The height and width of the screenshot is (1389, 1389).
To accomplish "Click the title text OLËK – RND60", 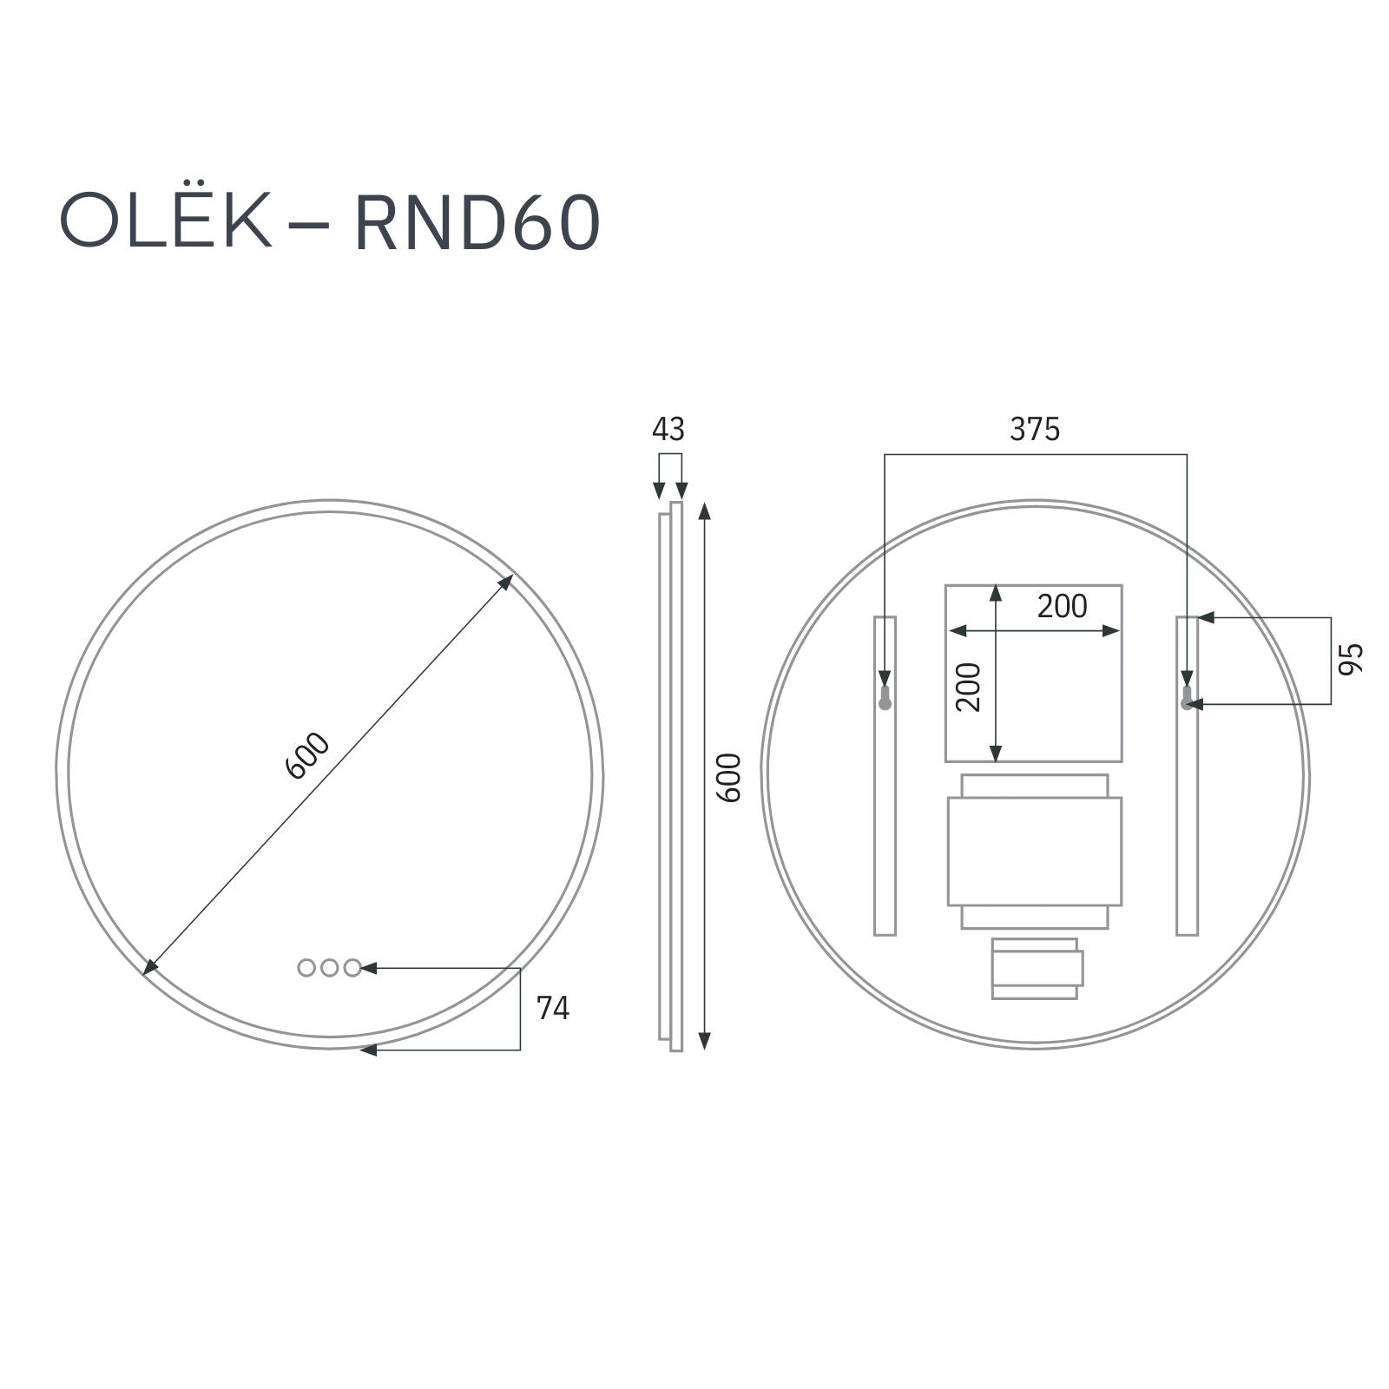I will point(330,223).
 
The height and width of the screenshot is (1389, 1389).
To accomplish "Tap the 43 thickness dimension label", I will point(668,429).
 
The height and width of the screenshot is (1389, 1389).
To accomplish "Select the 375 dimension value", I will point(1035,429).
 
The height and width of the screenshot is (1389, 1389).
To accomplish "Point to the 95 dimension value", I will point(1351,659).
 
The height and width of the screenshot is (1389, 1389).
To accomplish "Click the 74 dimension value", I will point(553,1008).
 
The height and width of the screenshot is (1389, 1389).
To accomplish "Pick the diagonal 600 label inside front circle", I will point(307,755).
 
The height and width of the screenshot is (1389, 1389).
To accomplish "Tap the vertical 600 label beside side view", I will point(731,777).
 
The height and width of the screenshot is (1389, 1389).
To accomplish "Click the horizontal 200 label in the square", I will point(1062,606).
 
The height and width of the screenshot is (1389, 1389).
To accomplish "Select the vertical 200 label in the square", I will point(968,687).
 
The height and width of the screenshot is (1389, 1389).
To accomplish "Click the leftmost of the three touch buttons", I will point(306,967).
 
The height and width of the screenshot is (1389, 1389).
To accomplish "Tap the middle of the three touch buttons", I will point(329,967).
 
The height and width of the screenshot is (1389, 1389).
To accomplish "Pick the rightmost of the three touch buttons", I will point(352,967).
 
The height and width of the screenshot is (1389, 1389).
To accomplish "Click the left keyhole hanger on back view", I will point(885,698).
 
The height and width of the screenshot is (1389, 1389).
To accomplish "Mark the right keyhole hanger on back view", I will point(1186,698).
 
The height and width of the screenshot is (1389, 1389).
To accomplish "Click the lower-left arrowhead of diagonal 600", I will point(150,965).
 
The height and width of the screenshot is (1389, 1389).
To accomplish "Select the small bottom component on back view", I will point(1037,968).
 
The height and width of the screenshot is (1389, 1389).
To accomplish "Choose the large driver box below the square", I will point(1034,851).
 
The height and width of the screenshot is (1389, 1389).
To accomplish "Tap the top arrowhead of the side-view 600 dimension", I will point(705,511).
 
